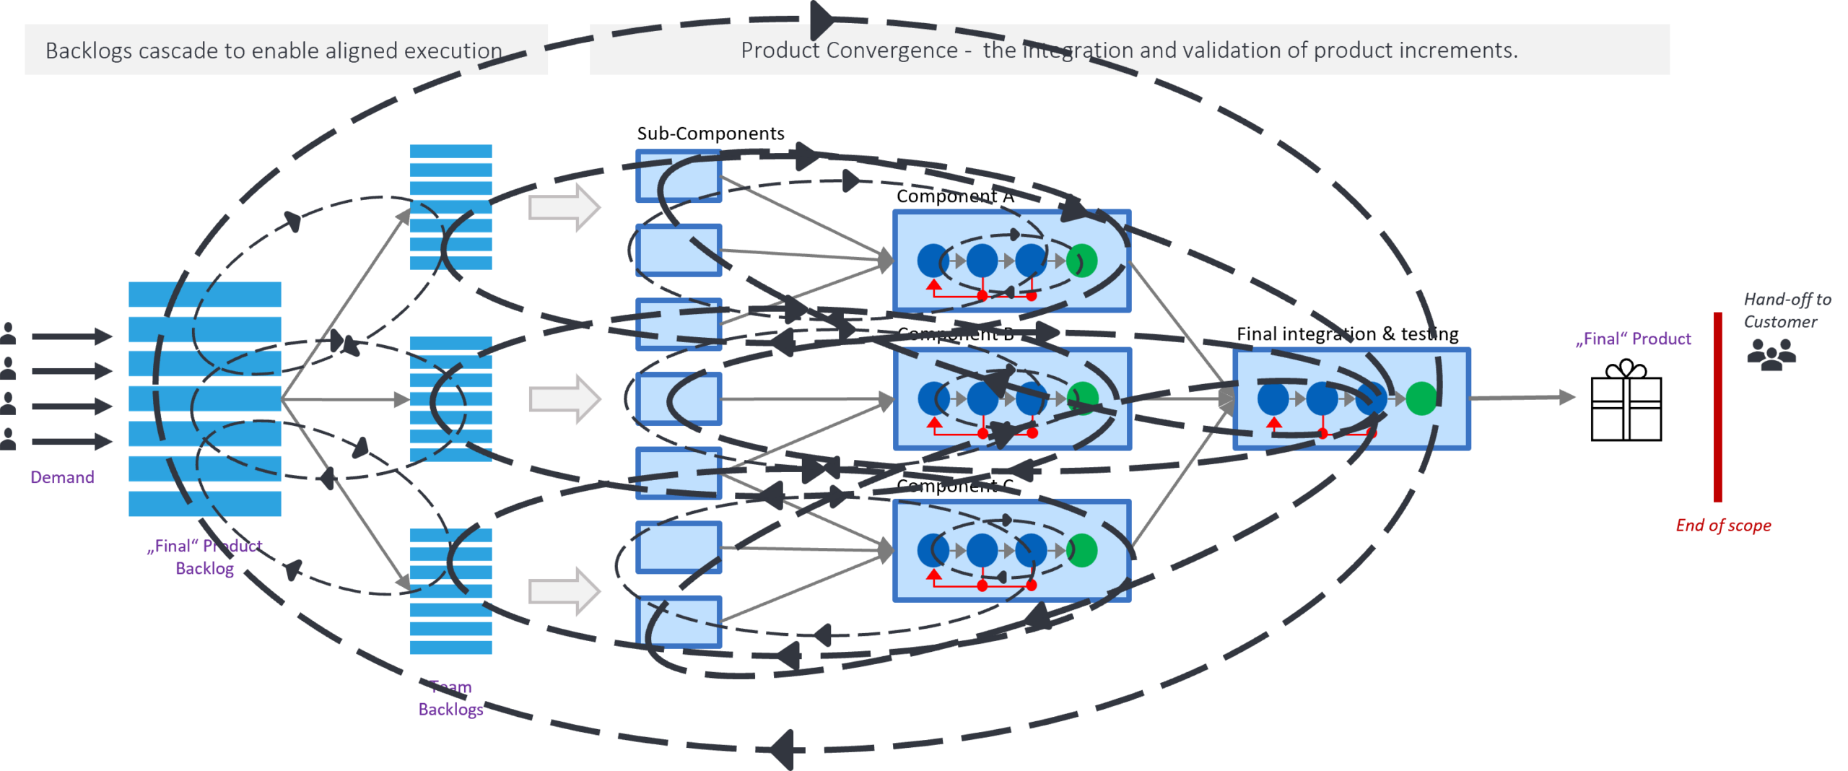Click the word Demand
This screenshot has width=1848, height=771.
click(x=62, y=477)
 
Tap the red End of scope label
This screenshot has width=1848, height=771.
click(x=1723, y=526)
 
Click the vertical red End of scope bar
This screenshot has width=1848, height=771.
click(x=1717, y=407)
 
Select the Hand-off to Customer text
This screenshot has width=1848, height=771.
click(x=1787, y=310)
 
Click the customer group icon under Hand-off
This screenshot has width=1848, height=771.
click(x=1772, y=354)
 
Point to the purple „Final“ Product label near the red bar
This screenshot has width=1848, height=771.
click(x=1633, y=339)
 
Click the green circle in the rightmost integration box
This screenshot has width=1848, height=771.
click(x=1421, y=398)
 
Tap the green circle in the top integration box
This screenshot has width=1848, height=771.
click(x=1082, y=261)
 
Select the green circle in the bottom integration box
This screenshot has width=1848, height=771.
click(x=1082, y=550)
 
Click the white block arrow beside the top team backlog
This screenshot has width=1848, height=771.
click(x=565, y=207)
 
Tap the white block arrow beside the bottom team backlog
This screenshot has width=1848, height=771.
click(x=565, y=591)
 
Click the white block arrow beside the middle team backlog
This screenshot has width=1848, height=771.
click(x=565, y=398)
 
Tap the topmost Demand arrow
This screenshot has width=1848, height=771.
click(x=72, y=336)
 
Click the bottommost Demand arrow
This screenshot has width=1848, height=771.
click(x=72, y=441)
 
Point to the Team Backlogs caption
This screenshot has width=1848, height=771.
click(x=451, y=698)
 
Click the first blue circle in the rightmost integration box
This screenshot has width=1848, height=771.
click(x=1273, y=398)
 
